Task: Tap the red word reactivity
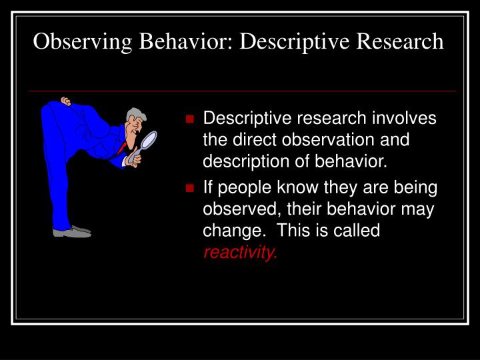(x=239, y=252)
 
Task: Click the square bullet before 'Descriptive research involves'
(x=190, y=119)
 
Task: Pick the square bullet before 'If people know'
(x=190, y=188)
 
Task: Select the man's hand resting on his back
(x=65, y=101)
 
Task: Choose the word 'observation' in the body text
(x=335, y=141)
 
